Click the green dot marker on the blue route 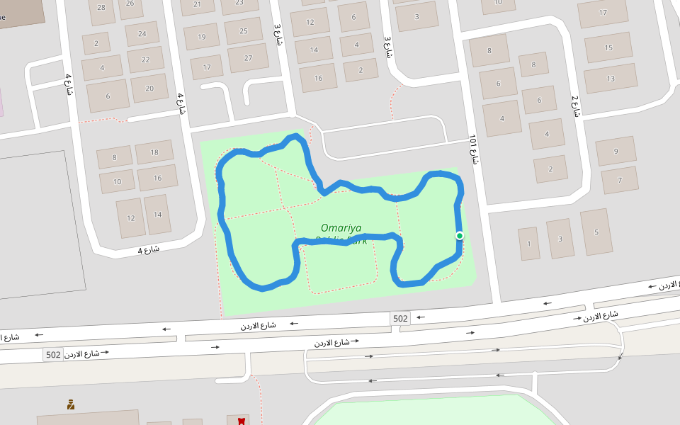click(460, 236)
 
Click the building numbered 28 click(101, 8)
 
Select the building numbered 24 click(142, 33)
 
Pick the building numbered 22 click(146, 59)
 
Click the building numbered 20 click(149, 89)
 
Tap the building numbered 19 click(202, 37)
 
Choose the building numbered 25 click(244, 31)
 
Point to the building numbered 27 click(248, 58)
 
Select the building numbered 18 click(155, 152)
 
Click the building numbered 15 click(608, 48)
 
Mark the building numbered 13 click(610, 79)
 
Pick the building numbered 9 click(616, 151)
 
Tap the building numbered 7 click(619, 180)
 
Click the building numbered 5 click(596, 232)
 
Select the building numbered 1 click(528, 244)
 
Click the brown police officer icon click(71, 405)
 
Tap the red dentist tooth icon click(241, 421)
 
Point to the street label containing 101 click(473, 149)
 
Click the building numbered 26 click(130, 5)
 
